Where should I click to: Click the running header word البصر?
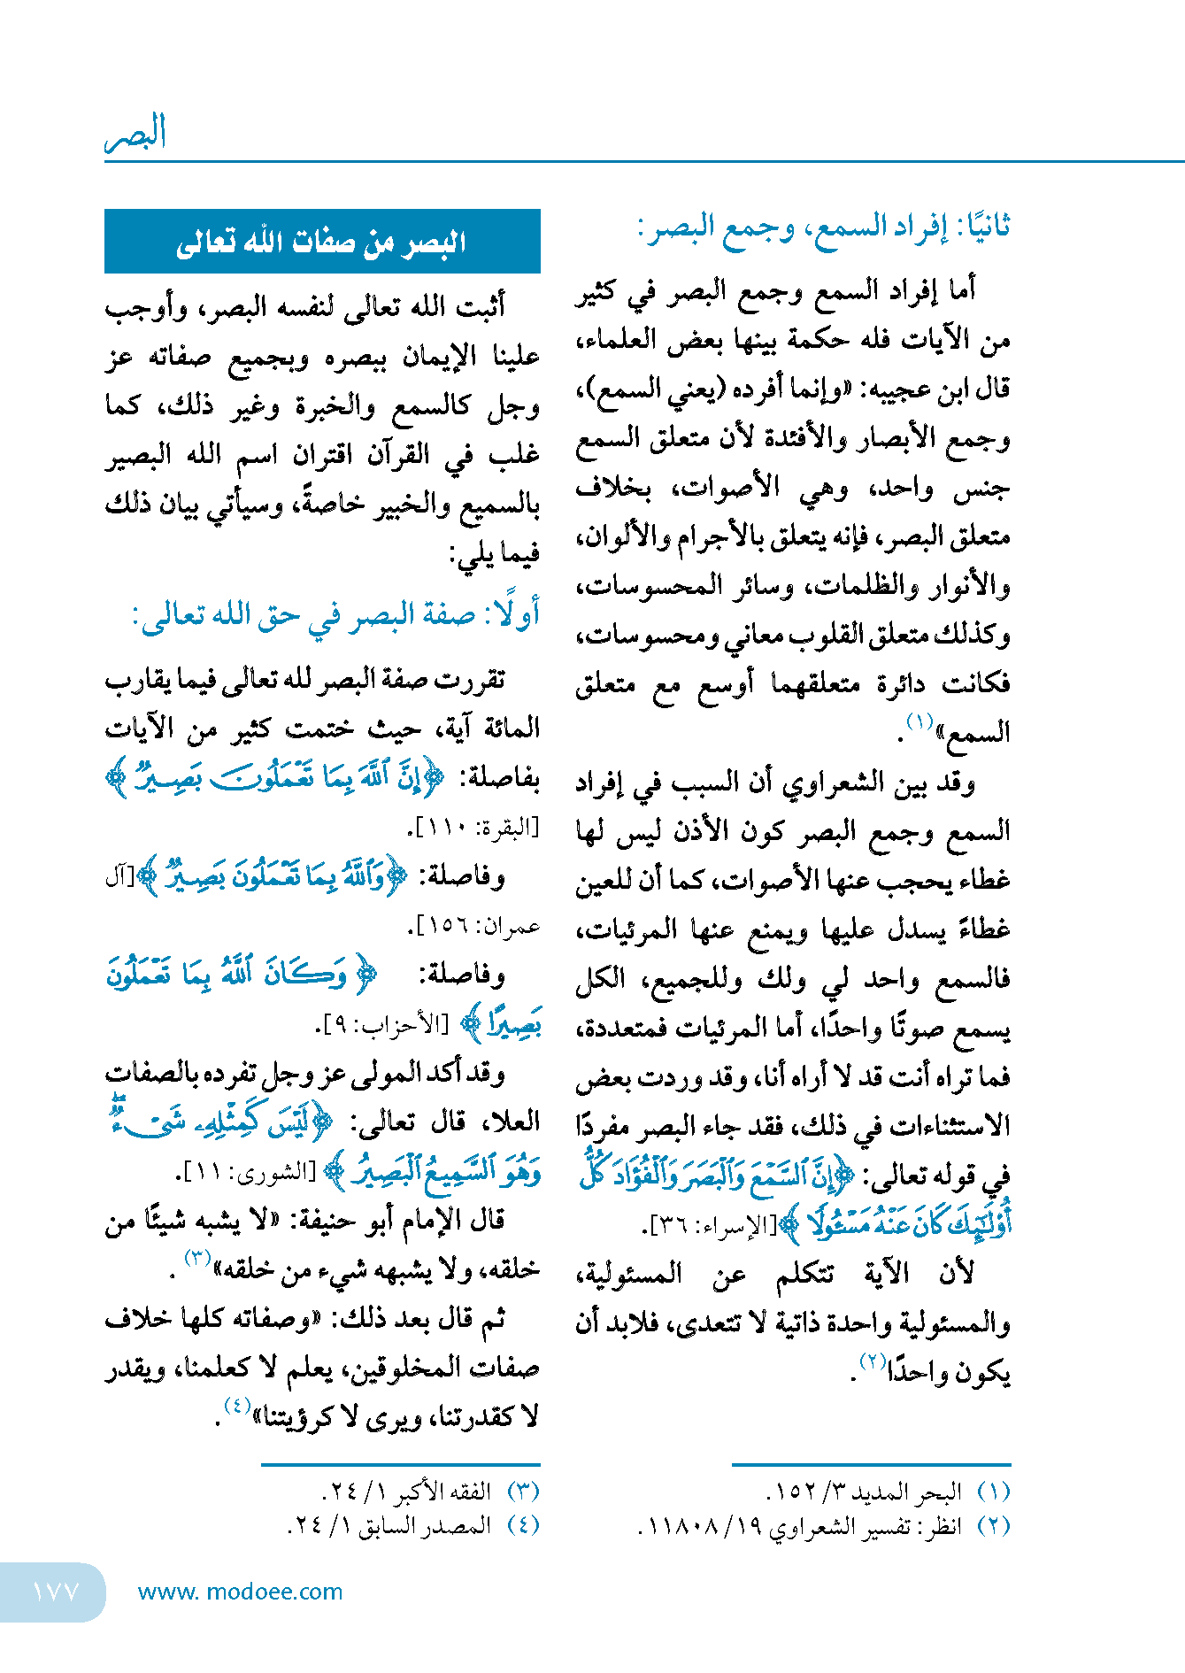point(135,133)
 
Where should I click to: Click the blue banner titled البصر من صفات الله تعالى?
point(322,242)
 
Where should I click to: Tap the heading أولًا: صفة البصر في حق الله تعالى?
point(335,614)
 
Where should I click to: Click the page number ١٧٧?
point(55,1592)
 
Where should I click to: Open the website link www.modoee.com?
point(240,1592)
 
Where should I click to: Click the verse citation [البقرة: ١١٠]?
point(474,829)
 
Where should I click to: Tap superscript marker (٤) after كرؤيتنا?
point(237,1407)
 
